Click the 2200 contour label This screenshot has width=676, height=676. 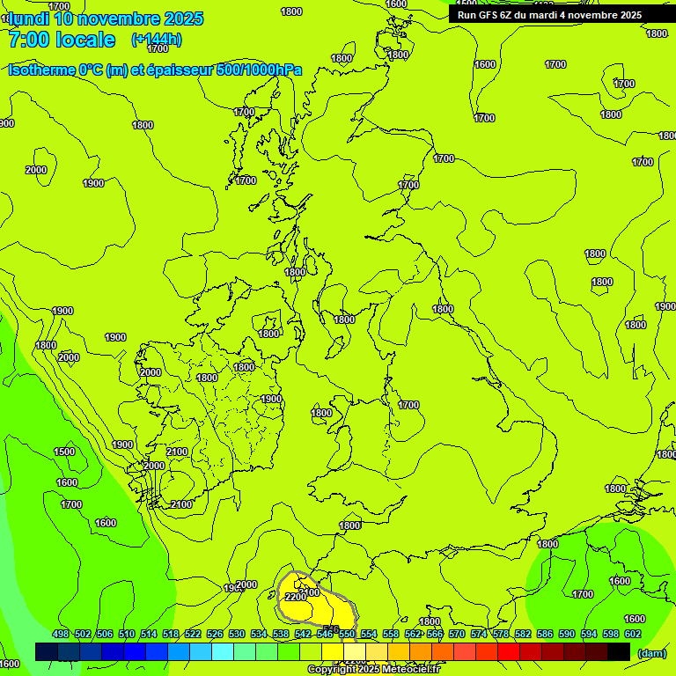pos(296,598)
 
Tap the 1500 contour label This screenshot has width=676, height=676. pos(64,452)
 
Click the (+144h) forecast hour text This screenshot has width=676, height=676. pos(157,39)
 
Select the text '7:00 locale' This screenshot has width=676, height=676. pos(62,40)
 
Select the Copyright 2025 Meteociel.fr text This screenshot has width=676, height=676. pos(373,670)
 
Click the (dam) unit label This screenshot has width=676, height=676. pos(651,652)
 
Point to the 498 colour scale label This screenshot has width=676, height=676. pos(61,634)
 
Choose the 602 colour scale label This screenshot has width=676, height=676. pos(633,634)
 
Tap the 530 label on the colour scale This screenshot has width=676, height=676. pos(237,634)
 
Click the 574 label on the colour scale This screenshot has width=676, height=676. pos(479,634)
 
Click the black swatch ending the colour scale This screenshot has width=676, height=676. pos(619,652)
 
